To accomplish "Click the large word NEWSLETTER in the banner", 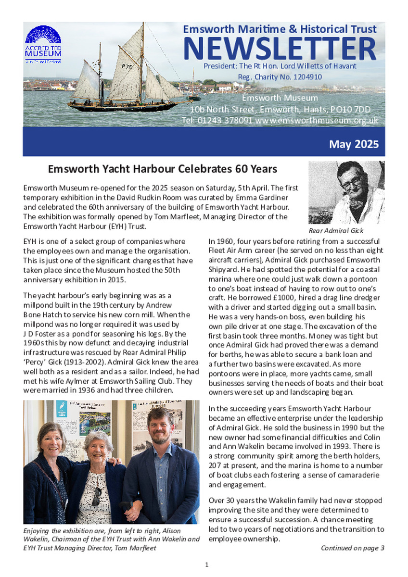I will pyautogui.click(x=280, y=49).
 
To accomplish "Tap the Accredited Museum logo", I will pyautogui.click(x=43, y=44).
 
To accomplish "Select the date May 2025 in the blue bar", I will pyautogui.click(x=354, y=144).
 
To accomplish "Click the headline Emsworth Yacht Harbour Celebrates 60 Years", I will pyautogui.click(x=163, y=169).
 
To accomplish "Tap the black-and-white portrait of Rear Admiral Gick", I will pyautogui.click(x=346, y=192).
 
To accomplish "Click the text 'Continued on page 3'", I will pyautogui.click(x=352, y=548).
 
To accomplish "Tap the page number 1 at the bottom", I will pyautogui.click(x=206, y=564).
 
